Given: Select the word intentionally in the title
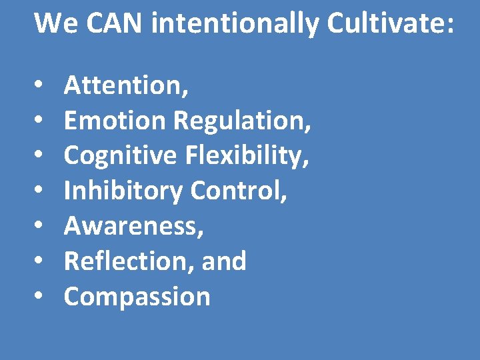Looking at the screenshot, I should coord(235,25).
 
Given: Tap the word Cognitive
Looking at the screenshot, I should coord(121,156).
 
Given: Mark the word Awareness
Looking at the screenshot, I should coord(134,227).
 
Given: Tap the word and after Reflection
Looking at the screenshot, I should coord(224,261).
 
